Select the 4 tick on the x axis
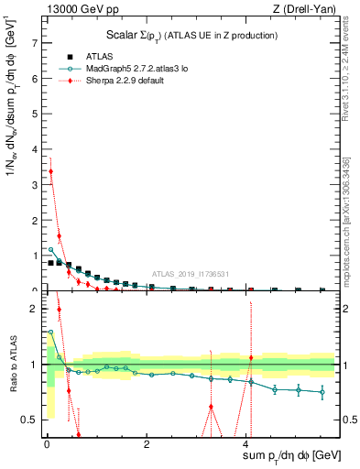246,443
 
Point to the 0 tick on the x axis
47,443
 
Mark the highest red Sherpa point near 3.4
51,171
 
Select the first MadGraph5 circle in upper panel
51,249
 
